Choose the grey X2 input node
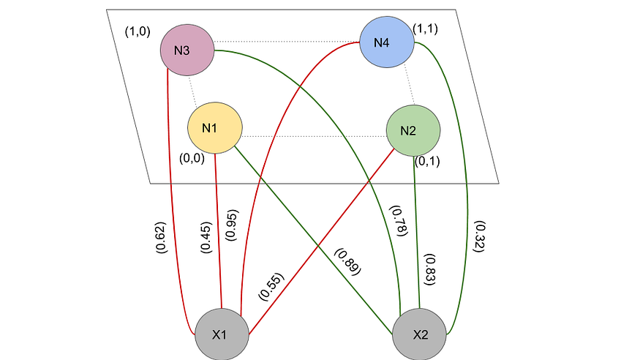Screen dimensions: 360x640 420,334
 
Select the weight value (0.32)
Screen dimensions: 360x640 478,236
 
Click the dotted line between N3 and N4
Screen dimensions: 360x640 287,41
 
